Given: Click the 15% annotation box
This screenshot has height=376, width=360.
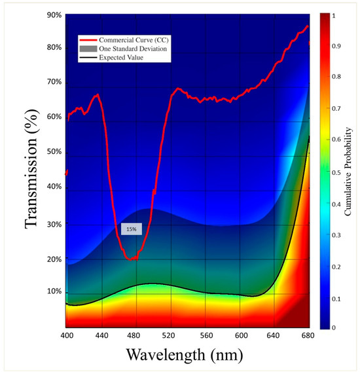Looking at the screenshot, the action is (x=132, y=229).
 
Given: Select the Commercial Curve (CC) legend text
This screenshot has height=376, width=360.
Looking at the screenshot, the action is (x=134, y=40).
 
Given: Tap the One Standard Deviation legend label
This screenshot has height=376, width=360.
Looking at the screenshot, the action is (x=133, y=48).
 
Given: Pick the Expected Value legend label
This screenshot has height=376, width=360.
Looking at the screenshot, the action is (x=121, y=58).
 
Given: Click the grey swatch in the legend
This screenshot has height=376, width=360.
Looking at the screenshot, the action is (x=88, y=48).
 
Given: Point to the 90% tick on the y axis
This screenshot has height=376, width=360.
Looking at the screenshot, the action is (x=54, y=15).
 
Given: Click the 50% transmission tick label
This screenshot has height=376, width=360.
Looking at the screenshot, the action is (x=54, y=152).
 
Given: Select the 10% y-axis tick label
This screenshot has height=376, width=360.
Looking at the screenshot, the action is (x=54, y=291).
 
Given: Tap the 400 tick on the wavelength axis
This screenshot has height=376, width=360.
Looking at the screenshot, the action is (x=67, y=335).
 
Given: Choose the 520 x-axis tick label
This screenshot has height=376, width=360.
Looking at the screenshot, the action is (x=168, y=335).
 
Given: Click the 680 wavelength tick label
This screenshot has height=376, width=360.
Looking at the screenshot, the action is (x=308, y=335).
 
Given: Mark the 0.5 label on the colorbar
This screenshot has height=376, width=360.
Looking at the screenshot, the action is (x=336, y=173).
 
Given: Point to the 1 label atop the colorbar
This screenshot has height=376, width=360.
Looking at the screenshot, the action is (x=334, y=16).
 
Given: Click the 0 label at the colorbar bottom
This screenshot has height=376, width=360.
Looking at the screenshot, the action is (x=334, y=328).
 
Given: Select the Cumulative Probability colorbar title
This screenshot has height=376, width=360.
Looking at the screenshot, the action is (x=348, y=171).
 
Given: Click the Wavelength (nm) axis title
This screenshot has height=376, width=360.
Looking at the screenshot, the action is (x=185, y=355).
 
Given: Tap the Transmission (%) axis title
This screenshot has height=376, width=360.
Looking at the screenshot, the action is (x=31, y=169).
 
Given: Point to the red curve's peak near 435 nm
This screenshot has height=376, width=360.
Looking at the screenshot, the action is (x=98, y=95).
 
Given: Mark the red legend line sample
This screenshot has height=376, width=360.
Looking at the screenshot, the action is (x=88, y=40).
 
